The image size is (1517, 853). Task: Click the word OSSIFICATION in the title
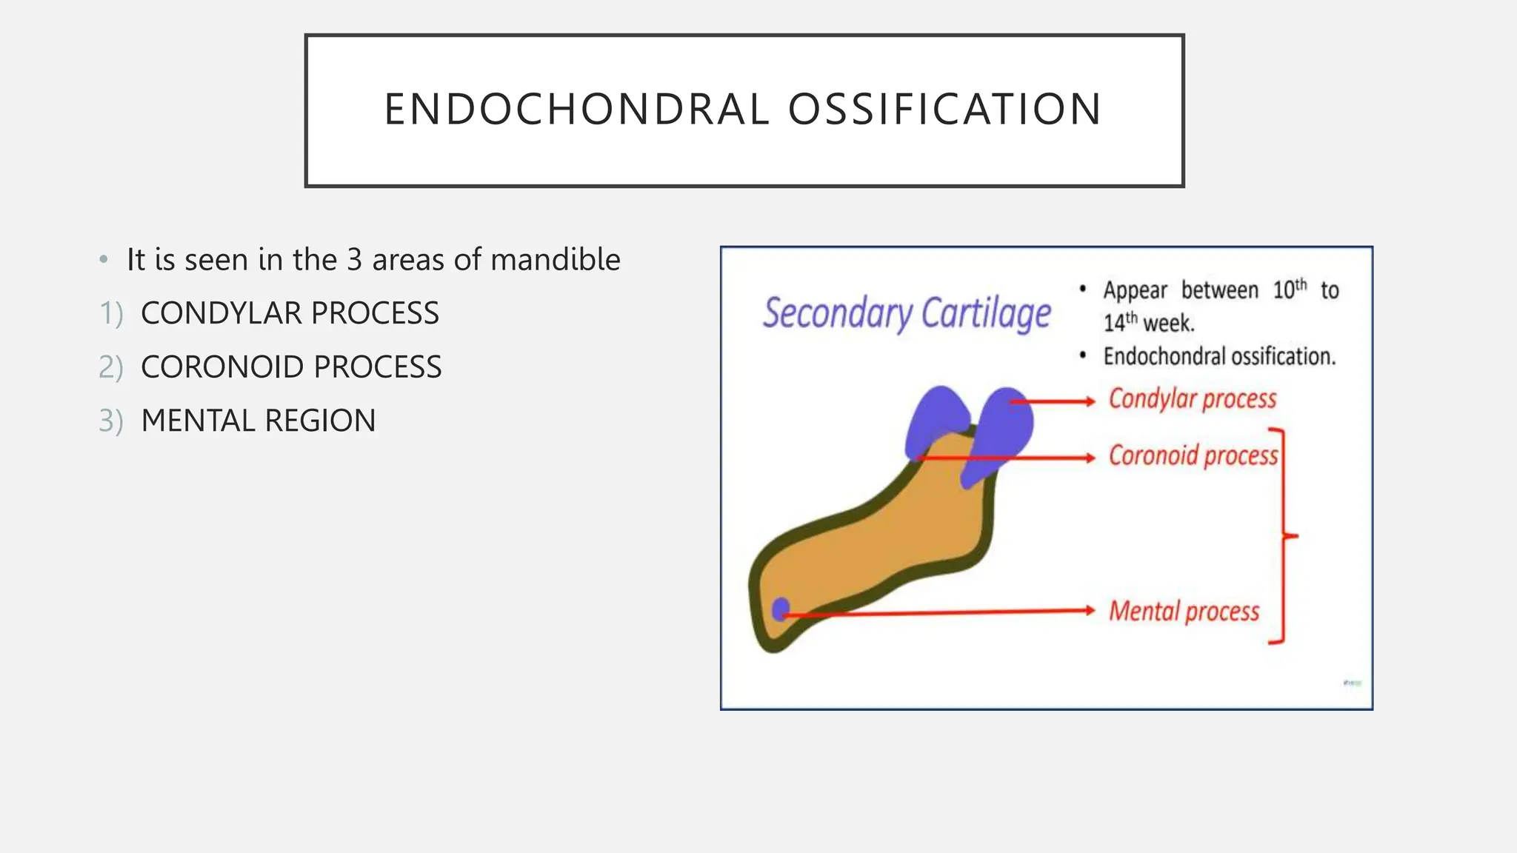pos(944,110)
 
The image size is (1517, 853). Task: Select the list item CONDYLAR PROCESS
pos(290,313)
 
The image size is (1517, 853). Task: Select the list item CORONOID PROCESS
pos(291,367)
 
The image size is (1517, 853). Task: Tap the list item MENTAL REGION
pos(259,421)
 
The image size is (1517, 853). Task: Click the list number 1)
pos(111,314)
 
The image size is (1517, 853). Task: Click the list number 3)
pos(111,421)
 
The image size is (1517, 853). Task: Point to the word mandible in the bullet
pos(555,260)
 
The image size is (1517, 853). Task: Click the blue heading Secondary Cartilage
pos(907,313)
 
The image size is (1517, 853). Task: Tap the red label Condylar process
pos(1192,399)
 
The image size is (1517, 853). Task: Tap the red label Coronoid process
pos(1193,455)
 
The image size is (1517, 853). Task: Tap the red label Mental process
pos(1184,612)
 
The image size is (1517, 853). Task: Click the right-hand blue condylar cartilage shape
pos(1004,429)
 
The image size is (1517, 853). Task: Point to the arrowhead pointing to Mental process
pos(1090,610)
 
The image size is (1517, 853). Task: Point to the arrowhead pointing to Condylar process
pos(1090,401)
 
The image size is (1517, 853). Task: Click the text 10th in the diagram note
pos(1290,289)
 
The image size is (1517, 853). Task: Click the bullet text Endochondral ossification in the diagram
pos(1219,357)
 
